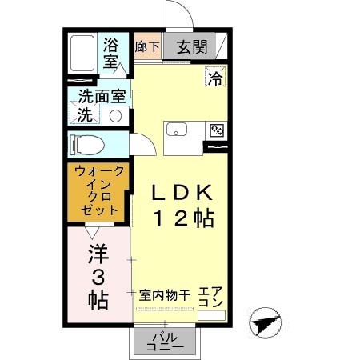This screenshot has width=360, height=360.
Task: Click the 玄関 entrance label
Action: [x=192, y=46]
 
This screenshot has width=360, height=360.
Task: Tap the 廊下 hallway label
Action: [x=147, y=46]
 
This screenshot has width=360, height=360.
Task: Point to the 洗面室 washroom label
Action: [x=102, y=97]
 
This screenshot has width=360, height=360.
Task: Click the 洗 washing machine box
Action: [x=85, y=114]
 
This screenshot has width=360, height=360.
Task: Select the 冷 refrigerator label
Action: [x=215, y=78]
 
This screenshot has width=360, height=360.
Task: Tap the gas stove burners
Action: [x=216, y=130]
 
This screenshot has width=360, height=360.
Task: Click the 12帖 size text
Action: [x=182, y=218]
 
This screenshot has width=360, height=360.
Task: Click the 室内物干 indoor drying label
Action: [x=164, y=294]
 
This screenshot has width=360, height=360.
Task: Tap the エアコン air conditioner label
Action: [x=210, y=298]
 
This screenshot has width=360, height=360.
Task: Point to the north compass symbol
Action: [x=265, y=326]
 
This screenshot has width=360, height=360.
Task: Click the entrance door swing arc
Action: [x=178, y=18]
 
